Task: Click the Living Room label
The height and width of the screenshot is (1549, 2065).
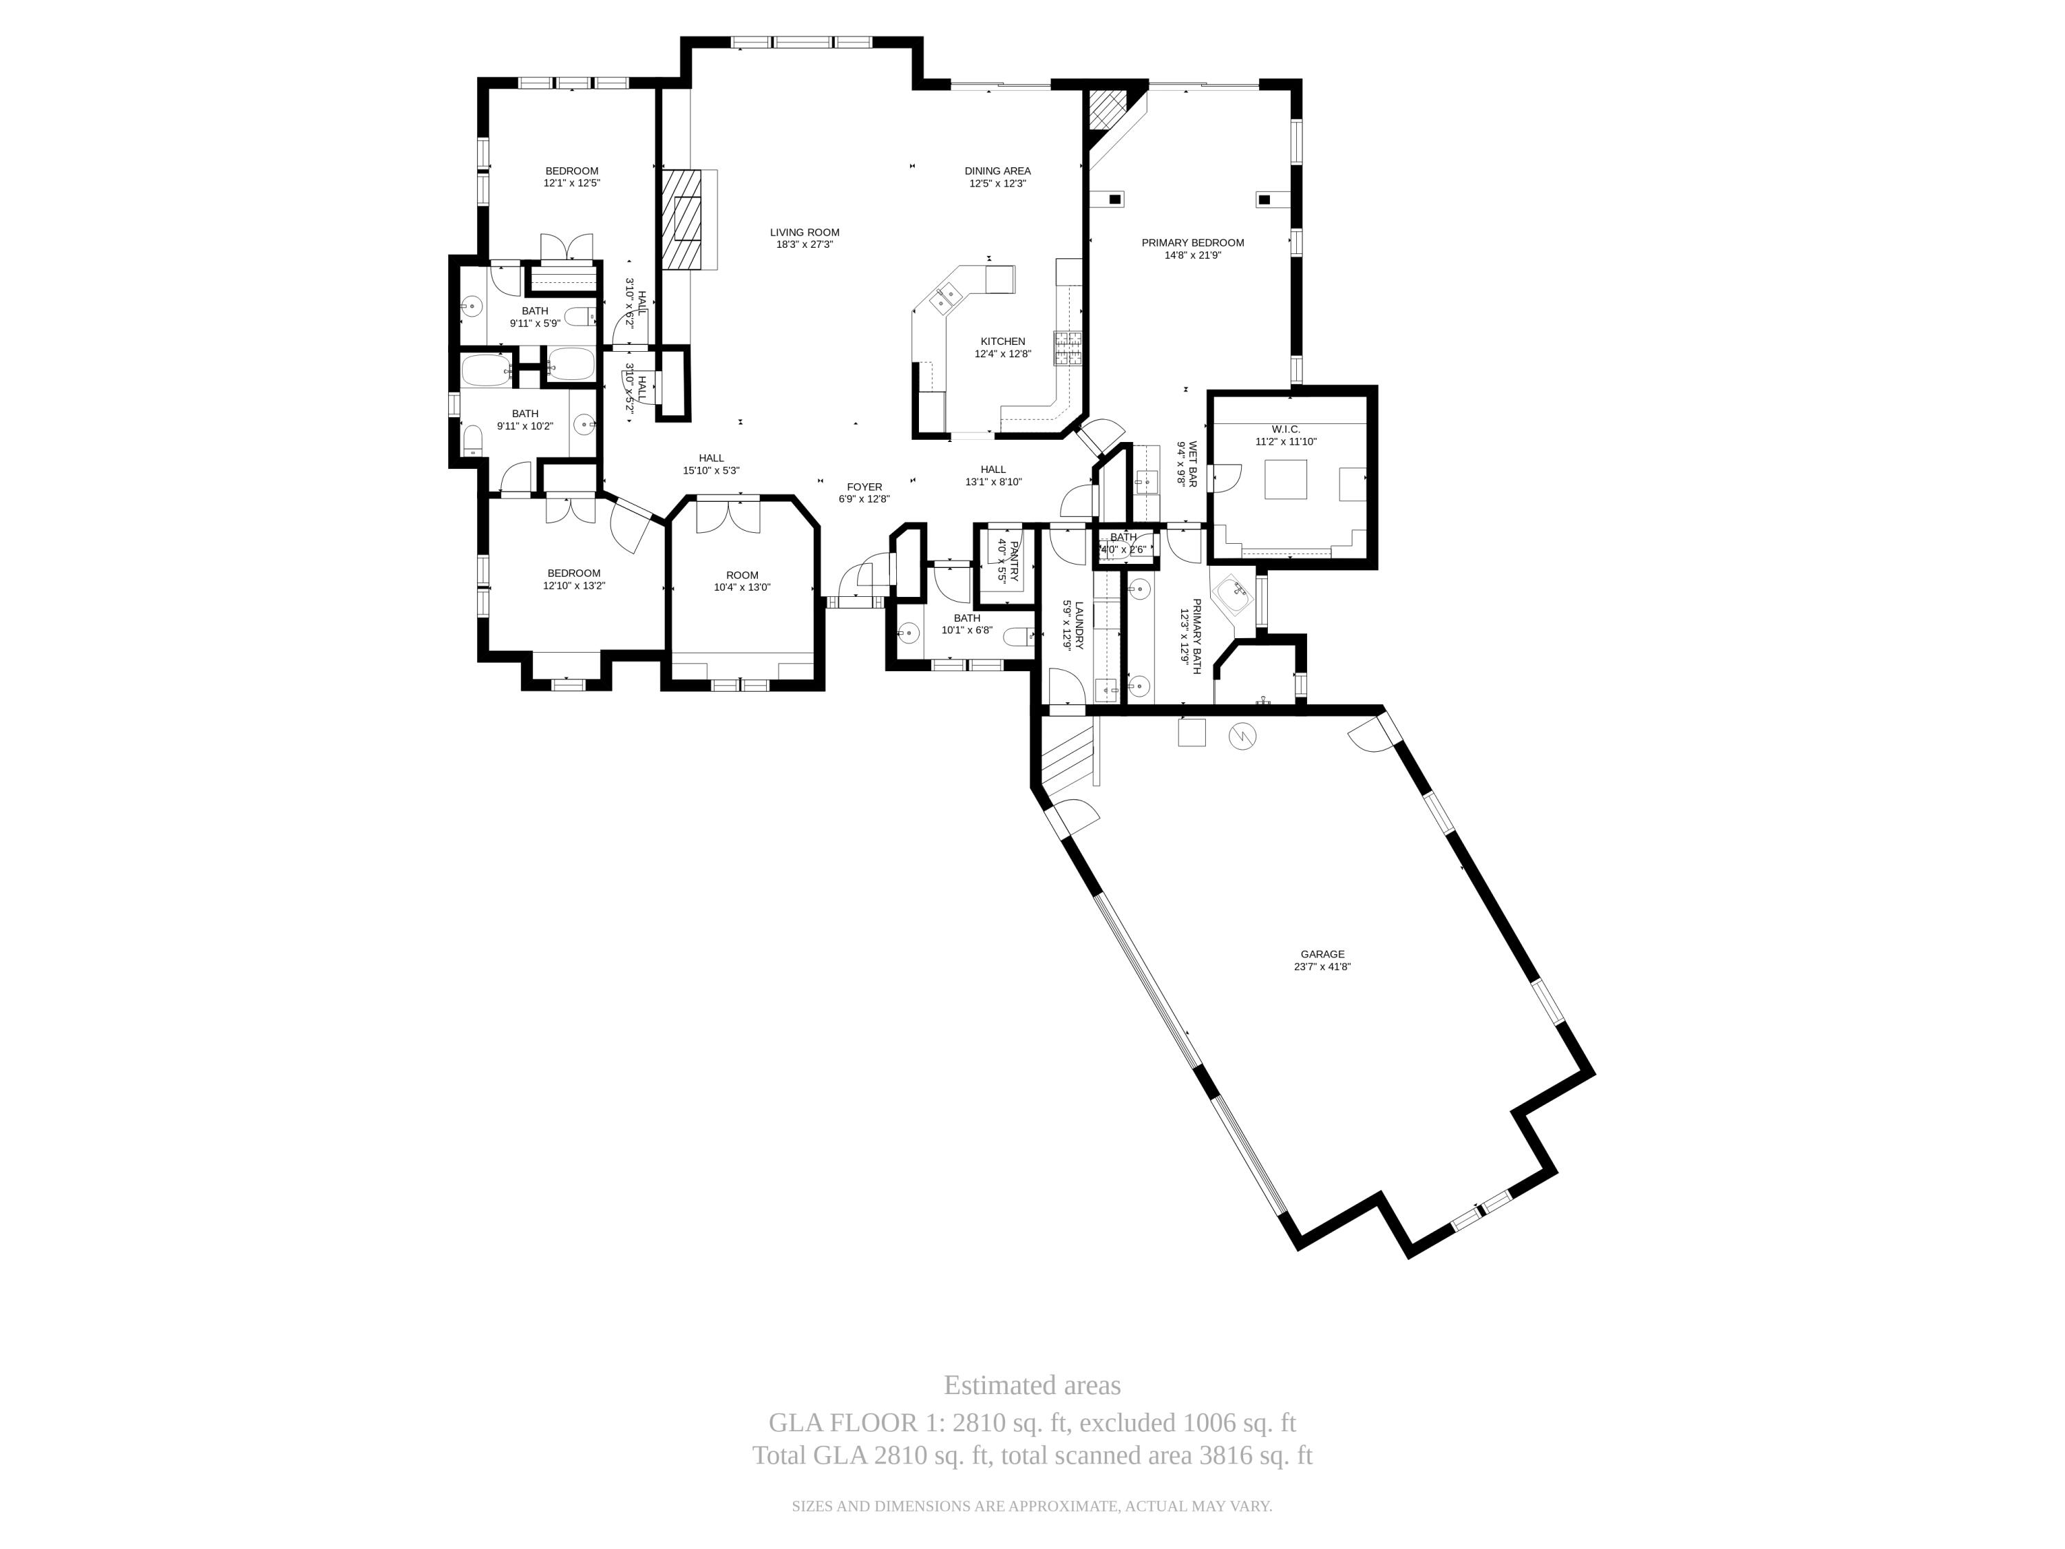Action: pyautogui.click(x=804, y=233)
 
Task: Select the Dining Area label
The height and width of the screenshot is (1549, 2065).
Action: pyautogui.click(x=997, y=171)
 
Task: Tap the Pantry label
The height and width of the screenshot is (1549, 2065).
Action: pyautogui.click(x=1014, y=560)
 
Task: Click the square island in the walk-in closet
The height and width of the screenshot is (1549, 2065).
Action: pyautogui.click(x=1286, y=480)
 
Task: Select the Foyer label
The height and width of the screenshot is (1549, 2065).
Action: pyautogui.click(x=865, y=487)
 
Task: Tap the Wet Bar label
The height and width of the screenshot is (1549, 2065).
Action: pyautogui.click(x=1192, y=464)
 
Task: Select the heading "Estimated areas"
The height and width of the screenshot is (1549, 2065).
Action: pyautogui.click(x=1032, y=1384)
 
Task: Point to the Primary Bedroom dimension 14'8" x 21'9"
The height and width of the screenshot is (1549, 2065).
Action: pyautogui.click(x=1192, y=255)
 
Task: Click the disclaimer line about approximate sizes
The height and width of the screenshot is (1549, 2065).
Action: pyautogui.click(x=1032, y=1506)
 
